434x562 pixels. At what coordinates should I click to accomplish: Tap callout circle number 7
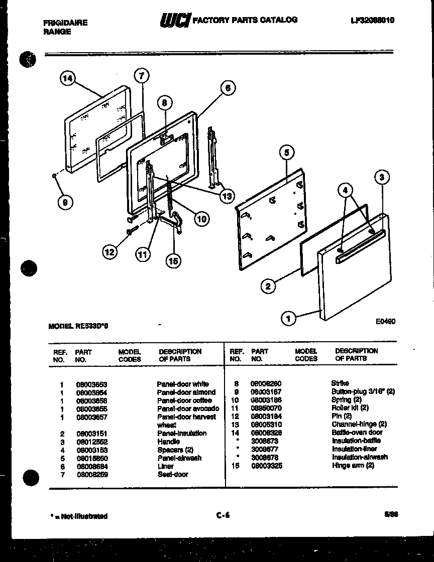click(x=142, y=76)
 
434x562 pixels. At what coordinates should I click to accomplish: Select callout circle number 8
click(x=164, y=103)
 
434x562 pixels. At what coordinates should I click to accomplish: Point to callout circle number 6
click(x=227, y=88)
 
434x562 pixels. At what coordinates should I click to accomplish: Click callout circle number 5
click(x=285, y=153)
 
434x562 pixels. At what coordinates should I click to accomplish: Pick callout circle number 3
click(x=382, y=177)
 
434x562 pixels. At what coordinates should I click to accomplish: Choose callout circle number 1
click(x=288, y=318)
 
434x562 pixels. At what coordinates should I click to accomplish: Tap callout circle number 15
click(x=173, y=260)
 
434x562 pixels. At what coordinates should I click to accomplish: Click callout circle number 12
click(x=110, y=252)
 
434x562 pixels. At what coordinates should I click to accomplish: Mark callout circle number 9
click(x=64, y=202)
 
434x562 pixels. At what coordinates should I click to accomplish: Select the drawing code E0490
click(x=385, y=322)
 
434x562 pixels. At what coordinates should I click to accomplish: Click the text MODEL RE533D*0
click(x=78, y=326)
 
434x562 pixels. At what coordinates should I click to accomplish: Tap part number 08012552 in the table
click(x=91, y=442)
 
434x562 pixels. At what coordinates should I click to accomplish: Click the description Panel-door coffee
click(x=184, y=400)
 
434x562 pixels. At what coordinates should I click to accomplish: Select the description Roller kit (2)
click(x=350, y=408)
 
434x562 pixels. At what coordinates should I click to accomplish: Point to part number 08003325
click(x=267, y=466)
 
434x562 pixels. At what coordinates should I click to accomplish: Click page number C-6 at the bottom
click(x=223, y=515)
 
